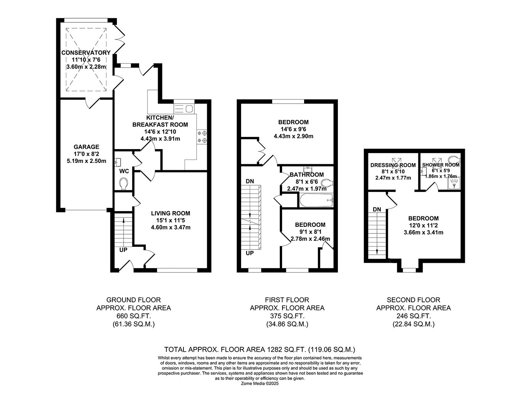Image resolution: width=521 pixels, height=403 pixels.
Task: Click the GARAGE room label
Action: click(86, 147)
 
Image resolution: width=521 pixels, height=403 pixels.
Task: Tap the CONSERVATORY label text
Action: click(86, 53)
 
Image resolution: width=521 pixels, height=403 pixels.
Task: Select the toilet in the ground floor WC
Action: click(124, 184)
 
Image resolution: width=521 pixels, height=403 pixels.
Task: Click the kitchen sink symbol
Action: click(184, 109)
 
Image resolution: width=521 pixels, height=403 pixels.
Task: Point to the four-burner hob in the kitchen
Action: click(202, 136)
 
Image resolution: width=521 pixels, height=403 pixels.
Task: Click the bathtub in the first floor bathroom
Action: click(316, 200)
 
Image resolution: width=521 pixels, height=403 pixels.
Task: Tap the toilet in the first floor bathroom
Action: click(327, 183)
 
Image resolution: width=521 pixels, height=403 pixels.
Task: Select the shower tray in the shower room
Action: click(454, 183)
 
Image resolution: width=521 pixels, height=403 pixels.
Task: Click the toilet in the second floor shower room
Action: click(454, 159)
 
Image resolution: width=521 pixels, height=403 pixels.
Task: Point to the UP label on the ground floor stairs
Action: click(123, 250)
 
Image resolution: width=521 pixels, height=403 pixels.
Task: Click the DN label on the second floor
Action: click(377, 209)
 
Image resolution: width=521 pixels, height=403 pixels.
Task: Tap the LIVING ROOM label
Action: click(170, 213)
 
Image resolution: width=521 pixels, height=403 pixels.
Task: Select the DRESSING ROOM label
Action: click(393, 165)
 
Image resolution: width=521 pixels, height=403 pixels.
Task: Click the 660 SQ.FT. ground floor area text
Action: click(134, 316)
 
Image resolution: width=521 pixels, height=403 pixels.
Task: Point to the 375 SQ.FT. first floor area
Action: click(287, 316)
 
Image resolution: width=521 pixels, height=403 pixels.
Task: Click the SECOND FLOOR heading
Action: click(413, 300)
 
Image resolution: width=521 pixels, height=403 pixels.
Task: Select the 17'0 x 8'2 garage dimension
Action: click(86, 154)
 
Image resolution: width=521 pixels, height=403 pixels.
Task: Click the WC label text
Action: click(124, 171)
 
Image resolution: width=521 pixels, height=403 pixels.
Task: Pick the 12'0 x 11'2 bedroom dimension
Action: click(423, 225)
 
